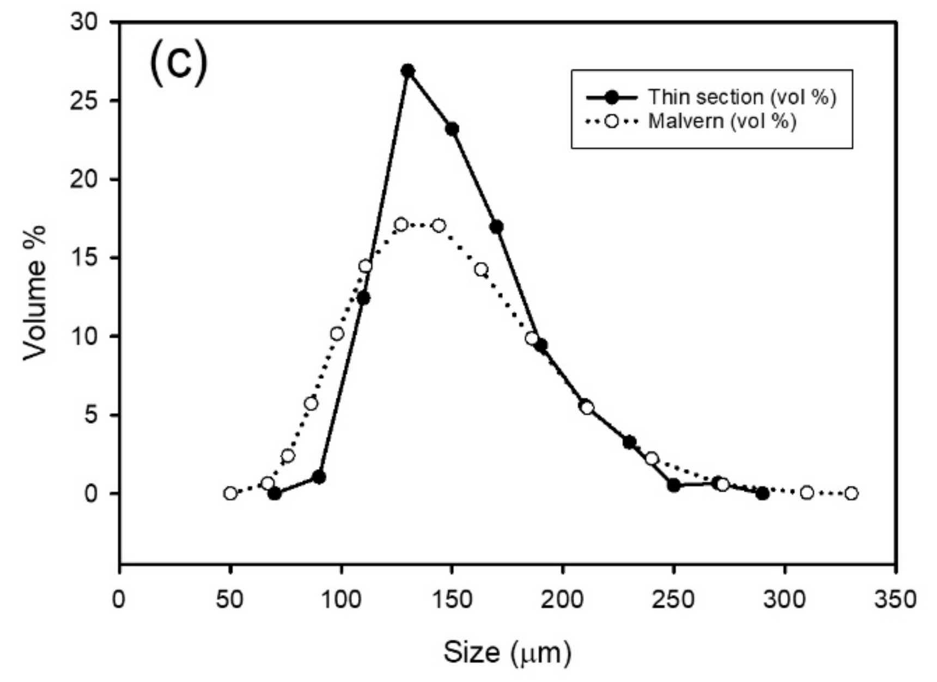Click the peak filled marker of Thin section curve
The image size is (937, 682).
click(x=408, y=71)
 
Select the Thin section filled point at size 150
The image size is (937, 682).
click(x=452, y=129)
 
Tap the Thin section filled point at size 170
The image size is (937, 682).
click(x=496, y=227)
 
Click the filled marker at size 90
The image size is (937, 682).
click(x=319, y=477)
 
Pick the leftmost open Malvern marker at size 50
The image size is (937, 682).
click(x=230, y=494)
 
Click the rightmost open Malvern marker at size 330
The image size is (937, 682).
click(x=851, y=494)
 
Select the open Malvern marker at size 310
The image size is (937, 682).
click(x=807, y=493)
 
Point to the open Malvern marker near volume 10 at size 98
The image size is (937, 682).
click(x=337, y=333)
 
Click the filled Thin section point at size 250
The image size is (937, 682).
click(x=674, y=485)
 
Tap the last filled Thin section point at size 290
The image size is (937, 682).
click(x=762, y=494)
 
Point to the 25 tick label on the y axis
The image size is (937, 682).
click(x=83, y=101)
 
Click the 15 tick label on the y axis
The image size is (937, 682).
click(x=83, y=258)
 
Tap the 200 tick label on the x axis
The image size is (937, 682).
click(x=563, y=599)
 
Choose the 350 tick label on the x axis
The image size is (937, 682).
click(x=895, y=599)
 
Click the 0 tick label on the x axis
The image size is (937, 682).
click(x=119, y=599)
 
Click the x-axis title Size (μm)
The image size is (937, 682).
click(x=507, y=652)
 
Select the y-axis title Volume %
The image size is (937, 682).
click(x=35, y=293)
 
